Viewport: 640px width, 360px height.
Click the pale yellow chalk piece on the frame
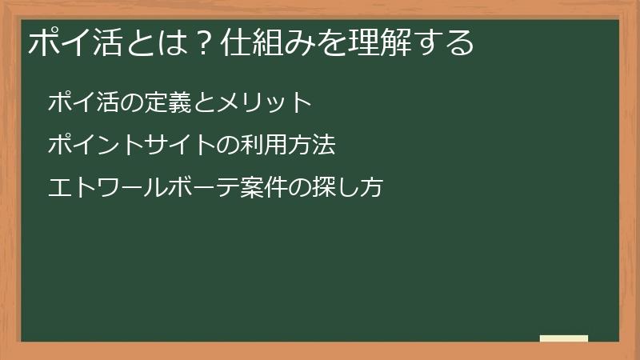(x=564, y=338)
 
